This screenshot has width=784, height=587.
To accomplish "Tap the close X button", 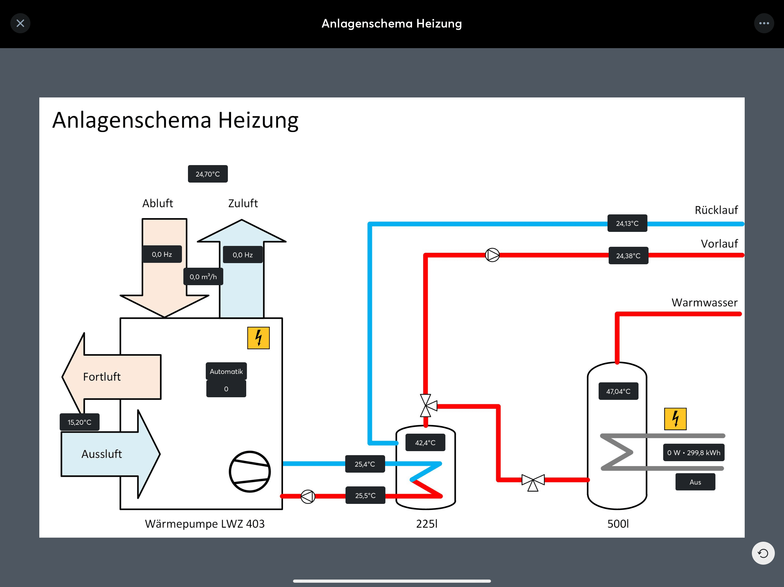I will coord(20,24).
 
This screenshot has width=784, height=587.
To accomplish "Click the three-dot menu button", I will coord(764,24).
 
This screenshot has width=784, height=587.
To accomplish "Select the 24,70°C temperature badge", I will coord(208,174).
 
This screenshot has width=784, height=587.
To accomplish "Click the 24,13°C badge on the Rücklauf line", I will coord(627,223).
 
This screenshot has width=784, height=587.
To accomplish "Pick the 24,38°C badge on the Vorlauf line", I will coord(628,256).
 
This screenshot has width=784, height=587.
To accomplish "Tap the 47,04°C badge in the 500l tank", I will coord(618,391).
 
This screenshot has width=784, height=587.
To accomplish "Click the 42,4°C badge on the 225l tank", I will coord(425,443).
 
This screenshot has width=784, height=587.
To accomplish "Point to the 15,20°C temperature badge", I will coord(79,422).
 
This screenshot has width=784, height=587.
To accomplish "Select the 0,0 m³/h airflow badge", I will coord(203,277).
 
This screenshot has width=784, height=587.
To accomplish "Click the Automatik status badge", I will coord(226,371).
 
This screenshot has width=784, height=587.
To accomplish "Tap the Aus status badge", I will coord(695,482).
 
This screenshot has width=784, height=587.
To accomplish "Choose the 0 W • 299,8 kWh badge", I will coord(694,453).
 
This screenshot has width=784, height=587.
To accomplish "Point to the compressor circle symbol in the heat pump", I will coord(250,471).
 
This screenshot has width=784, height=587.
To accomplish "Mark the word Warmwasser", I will coord(704,303).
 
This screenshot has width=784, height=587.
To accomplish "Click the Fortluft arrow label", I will coord(102,377).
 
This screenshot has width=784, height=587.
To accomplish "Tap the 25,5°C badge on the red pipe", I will coord(365,495).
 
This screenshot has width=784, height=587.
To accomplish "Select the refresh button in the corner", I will coord(763,553).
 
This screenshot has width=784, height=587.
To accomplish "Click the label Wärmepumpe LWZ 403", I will coord(205,524).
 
